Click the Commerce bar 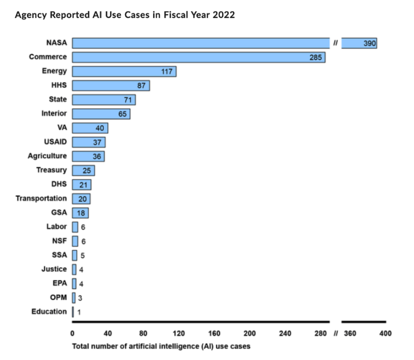point(198,57)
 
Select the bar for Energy point(124,71)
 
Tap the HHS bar point(111,85)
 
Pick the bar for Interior point(101,113)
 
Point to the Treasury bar point(83,170)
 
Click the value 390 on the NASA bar point(369,44)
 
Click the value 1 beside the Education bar point(79,312)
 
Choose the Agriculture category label point(47,156)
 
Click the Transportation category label point(41,198)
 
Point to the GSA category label point(58,212)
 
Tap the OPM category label point(58,297)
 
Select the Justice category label point(54,269)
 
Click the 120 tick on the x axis point(179,334)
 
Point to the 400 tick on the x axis point(386,334)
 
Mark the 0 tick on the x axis point(72,334)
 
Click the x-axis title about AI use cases point(161,346)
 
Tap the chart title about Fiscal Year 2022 point(125,15)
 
